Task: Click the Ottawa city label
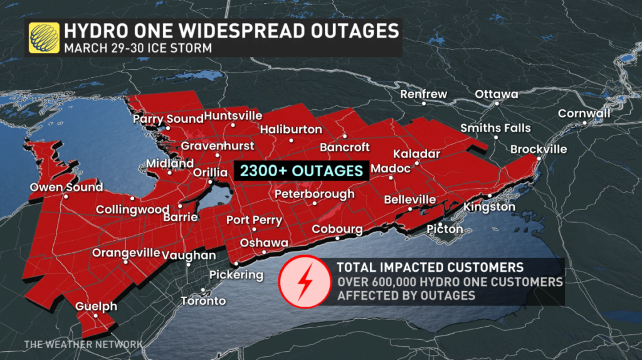coord(497,94)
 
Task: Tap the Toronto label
coord(203,301)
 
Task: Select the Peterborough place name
coord(315,194)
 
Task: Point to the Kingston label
coord(490,207)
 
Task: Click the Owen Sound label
coord(66,187)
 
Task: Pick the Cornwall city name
coord(584,114)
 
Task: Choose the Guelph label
coord(97,306)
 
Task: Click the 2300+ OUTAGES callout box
coord(300,171)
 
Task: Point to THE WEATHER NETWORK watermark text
coord(83,344)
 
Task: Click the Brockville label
coord(539,149)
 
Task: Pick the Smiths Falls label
coord(495,128)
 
